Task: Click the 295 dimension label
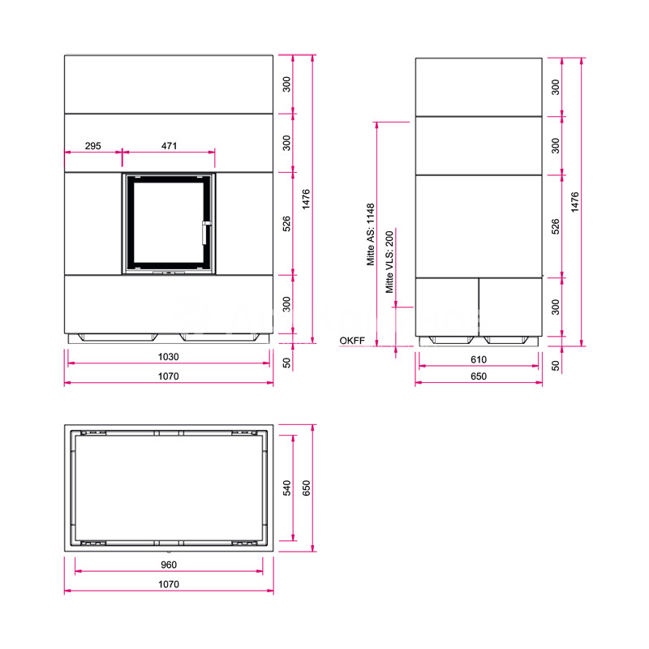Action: tap(92, 146)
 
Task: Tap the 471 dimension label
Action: tap(169, 146)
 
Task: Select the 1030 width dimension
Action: tap(169, 357)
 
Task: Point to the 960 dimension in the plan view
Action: tap(169, 565)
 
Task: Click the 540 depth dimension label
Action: tap(287, 488)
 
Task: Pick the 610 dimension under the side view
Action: tap(479, 359)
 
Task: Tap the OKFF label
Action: tap(352, 341)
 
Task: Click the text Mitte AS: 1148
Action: tap(371, 234)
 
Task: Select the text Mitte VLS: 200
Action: tap(389, 262)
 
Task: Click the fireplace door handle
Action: tap(205, 233)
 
